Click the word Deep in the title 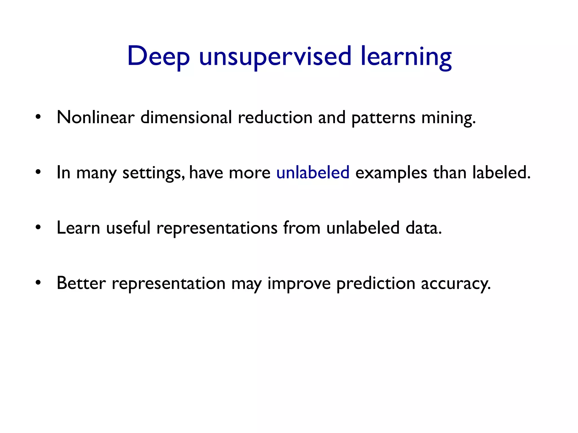[158, 56]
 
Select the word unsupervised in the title [275, 56]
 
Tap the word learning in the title [406, 56]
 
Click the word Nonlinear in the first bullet [95, 117]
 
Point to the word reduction [275, 117]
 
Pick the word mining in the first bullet [448, 117]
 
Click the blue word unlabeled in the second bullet [313, 173]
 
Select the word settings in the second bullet [154, 173]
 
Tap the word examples [391, 173]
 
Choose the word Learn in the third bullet [78, 228]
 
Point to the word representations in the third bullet [217, 228]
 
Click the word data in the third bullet [423, 228]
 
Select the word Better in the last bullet [81, 283]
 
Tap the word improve [299, 283]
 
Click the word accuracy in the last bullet [456, 283]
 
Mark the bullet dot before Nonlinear [38, 116]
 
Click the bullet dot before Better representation [38, 282]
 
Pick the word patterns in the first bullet [383, 117]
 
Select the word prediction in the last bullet [376, 283]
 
